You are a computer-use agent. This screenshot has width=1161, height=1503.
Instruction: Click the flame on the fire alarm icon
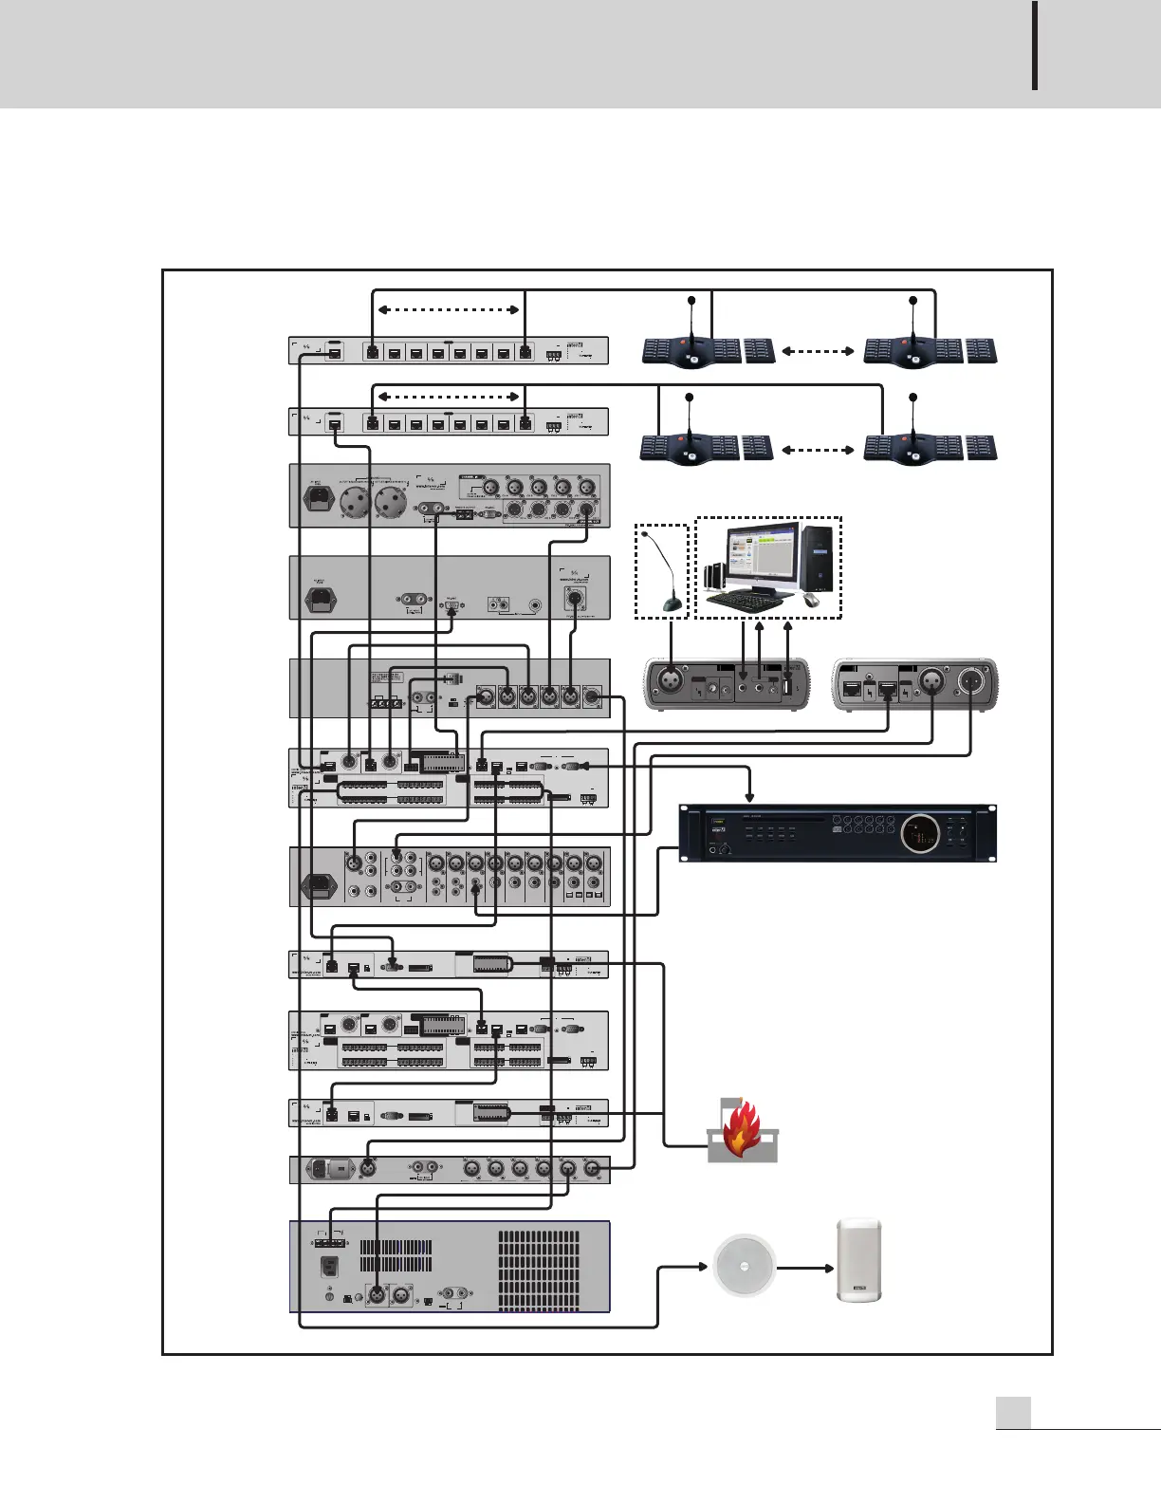pyautogui.click(x=743, y=1125)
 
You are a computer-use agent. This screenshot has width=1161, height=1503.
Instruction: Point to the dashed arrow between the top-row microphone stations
pyautogui.click(x=820, y=351)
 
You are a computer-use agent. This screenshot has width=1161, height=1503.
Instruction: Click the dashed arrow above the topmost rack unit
pyautogui.click(x=448, y=309)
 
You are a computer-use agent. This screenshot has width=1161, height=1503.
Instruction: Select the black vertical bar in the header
pyautogui.click(x=1034, y=46)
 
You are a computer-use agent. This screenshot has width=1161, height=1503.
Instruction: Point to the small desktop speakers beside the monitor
pyautogui.click(x=714, y=575)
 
